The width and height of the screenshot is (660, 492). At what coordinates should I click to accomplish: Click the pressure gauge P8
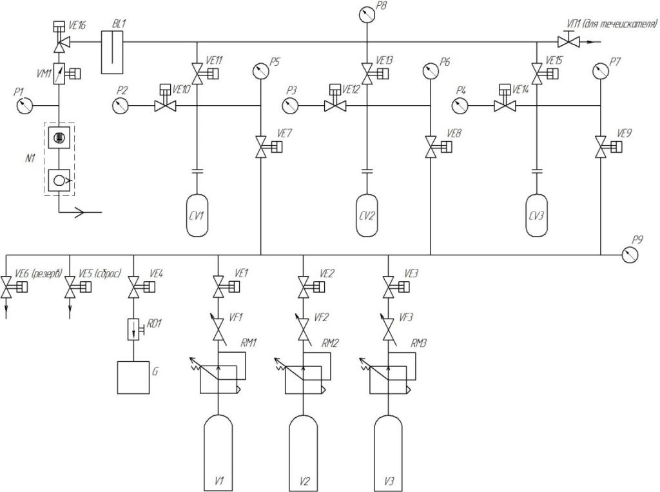click(367, 15)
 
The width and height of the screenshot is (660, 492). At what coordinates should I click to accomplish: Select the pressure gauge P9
click(630, 255)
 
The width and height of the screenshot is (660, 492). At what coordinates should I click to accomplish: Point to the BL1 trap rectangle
click(112, 52)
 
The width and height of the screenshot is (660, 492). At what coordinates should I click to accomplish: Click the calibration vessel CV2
click(367, 215)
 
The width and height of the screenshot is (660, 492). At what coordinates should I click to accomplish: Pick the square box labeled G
click(133, 377)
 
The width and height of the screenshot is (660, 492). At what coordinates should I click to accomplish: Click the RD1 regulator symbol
click(135, 330)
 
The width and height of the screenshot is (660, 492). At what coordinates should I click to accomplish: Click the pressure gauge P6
click(430, 70)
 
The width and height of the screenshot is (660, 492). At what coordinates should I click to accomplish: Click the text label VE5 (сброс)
click(100, 273)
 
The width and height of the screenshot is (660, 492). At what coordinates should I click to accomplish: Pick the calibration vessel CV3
click(536, 215)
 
